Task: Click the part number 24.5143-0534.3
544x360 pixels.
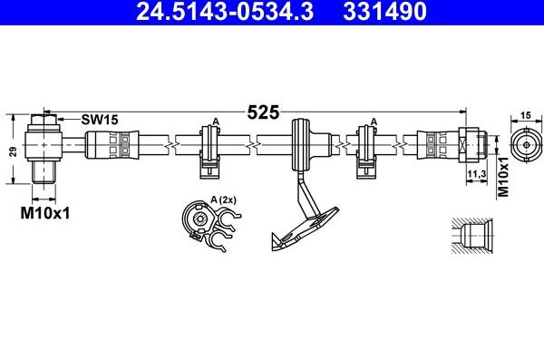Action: pyautogui.click(x=225, y=11)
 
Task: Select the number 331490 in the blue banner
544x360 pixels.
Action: pyautogui.click(x=384, y=11)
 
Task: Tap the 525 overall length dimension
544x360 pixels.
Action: pyautogui.click(x=263, y=112)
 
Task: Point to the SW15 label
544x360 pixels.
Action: pyautogui.click(x=100, y=120)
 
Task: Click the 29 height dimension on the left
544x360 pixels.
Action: pyautogui.click(x=14, y=151)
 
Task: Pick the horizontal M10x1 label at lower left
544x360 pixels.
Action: pyautogui.click(x=44, y=213)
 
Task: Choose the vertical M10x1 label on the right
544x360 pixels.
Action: pyautogui.click(x=503, y=177)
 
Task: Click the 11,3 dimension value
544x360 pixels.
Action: pyautogui.click(x=476, y=174)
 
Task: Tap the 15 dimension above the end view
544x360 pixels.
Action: pyautogui.click(x=526, y=115)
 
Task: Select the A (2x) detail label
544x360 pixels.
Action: pyautogui.click(x=223, y=200)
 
